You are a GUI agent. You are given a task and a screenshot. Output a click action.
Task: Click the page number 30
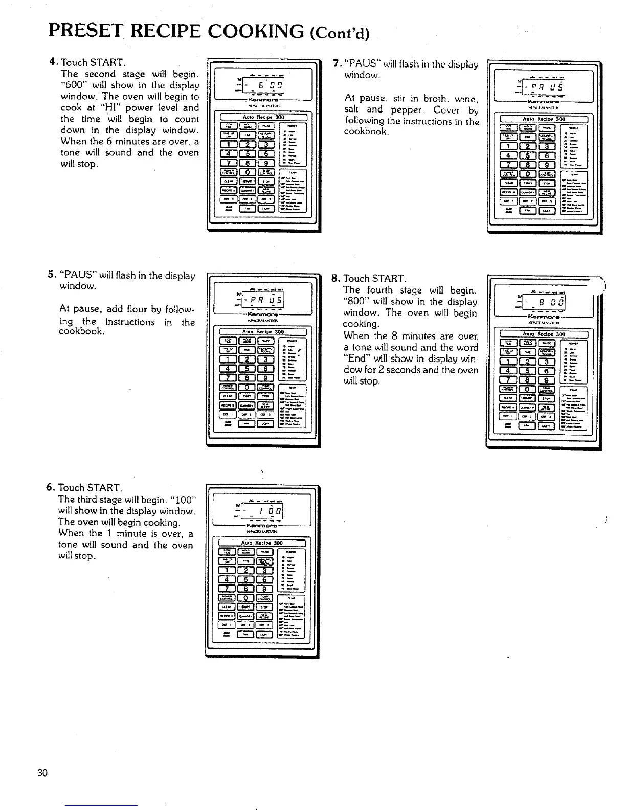(42, 772)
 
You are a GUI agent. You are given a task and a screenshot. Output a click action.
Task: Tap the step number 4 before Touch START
(52, 62)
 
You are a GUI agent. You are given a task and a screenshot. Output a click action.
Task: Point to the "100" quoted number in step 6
(182, 499)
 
